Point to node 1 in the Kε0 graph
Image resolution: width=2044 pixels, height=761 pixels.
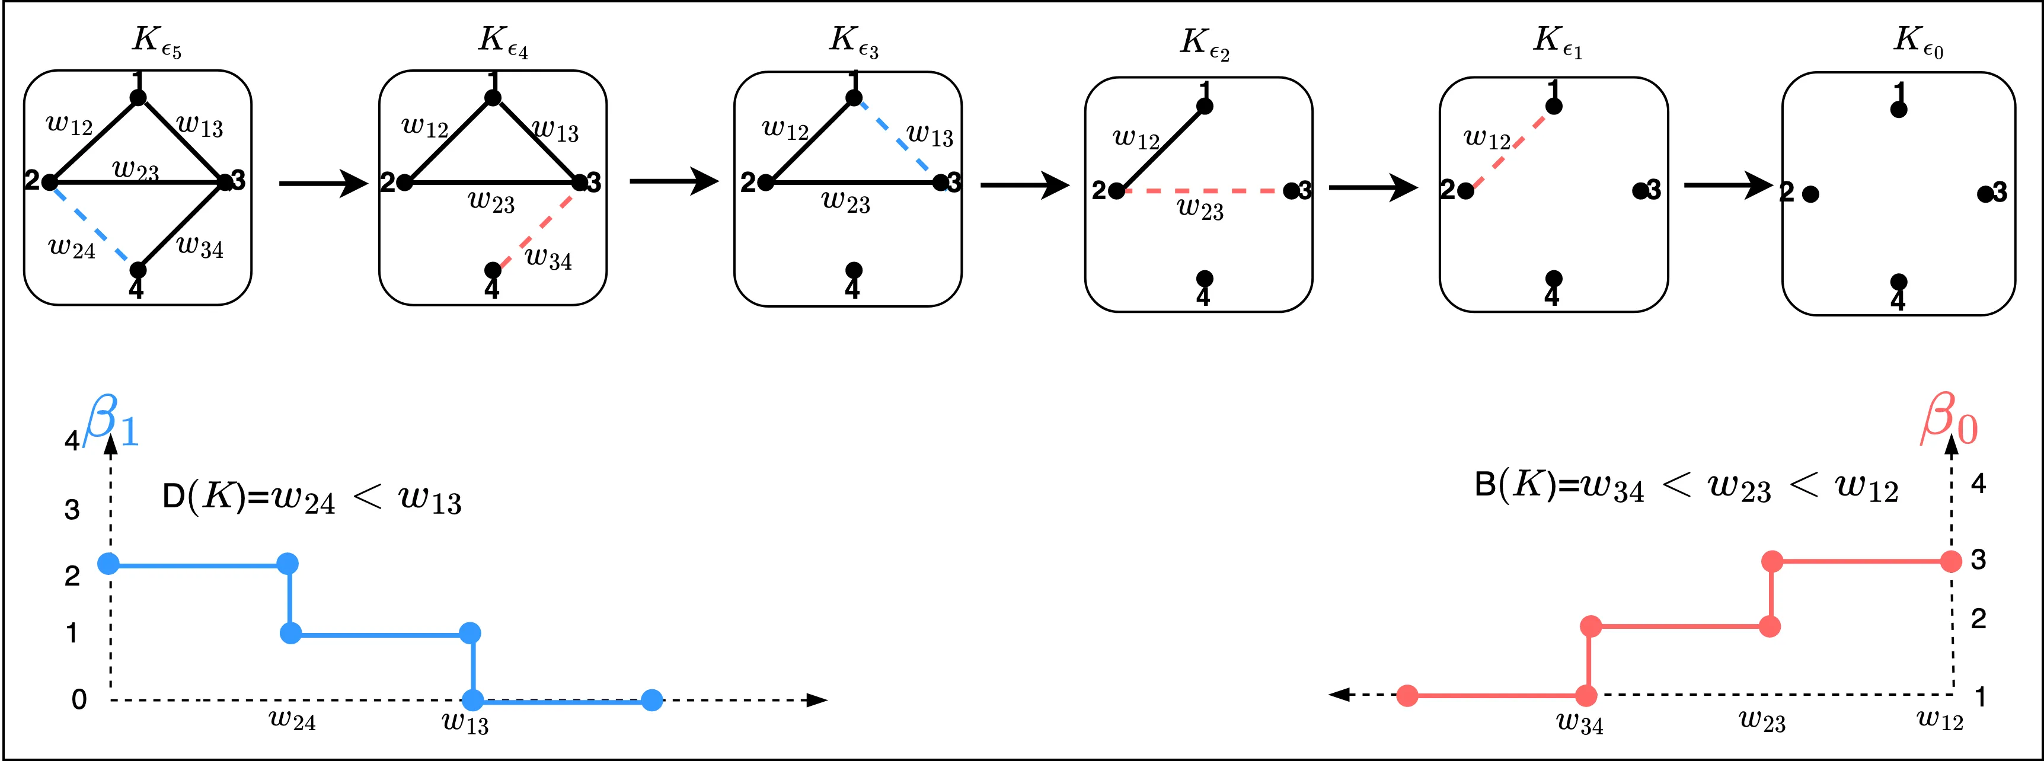[x=1898, y=110]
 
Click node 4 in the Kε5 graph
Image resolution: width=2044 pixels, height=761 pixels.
[x=138, y=271]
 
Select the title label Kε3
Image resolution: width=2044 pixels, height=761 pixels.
[x=853, y=41]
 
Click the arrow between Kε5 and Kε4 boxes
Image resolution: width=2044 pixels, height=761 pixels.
[x=323, y=183]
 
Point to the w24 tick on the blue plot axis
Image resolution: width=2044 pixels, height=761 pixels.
[x=292, y=721]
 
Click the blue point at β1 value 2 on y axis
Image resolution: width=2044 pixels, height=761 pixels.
[x=108, y=564]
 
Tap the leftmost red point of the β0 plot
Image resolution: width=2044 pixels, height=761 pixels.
[x=1407, y=696]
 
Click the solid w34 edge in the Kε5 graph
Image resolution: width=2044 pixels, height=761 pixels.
[x=183, y=225]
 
